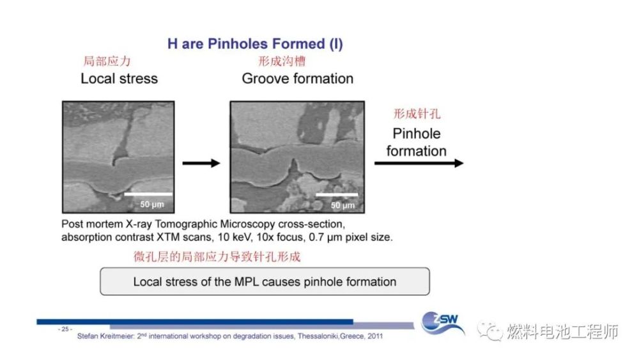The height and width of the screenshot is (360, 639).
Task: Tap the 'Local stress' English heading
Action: pyautogui.click(x=119, y=78)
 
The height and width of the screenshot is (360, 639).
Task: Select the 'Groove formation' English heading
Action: pyautogui.click(x=298, y=78)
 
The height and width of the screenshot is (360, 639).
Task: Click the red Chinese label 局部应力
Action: pyautogui.click(x=107, y=61)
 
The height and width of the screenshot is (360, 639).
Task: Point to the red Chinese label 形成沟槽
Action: pyautogui.click(x=282, y=61)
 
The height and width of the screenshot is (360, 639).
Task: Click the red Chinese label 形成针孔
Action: pyautogui.click(x=417, y=113)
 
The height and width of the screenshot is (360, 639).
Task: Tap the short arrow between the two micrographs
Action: pyautogui.click(x=201, y=164)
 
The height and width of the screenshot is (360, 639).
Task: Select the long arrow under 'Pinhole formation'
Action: pyautogui.click(x=419, y=164)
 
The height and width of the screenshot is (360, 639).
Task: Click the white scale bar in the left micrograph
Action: pyautogui.click(x=148, y=194)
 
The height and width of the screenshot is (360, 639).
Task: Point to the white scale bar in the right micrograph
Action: pyautogui.click(x=337, y=195)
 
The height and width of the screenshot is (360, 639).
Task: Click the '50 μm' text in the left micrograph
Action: pyautogui.click(x=152, y=204)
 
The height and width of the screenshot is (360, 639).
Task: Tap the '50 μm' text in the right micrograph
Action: pyautogui.click(x=343, y=205)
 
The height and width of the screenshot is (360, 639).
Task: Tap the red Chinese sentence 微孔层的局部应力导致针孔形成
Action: pyautogui.click(x=217, y=256)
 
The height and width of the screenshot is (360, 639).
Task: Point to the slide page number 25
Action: pyautogui.click(x=65, y=329)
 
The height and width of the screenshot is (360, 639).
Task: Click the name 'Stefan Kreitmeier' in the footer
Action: pyautogui.click(x=105, y=336)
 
